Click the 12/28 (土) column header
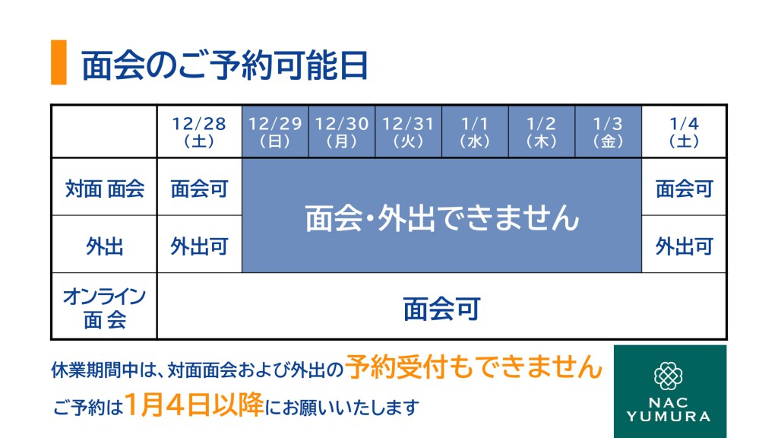[199, 132]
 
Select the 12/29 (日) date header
[275, 132]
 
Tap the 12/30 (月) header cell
[342, 132]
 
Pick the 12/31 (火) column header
[408, 132]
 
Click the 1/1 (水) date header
[475, 132]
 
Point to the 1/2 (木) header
[541, 132]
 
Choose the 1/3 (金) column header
[609, 132]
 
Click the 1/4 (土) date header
[684, 132]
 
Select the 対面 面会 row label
[105, 189]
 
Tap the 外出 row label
[105, 246]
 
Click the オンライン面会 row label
[105, 308]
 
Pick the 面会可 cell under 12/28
[199, 189]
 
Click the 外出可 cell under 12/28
[199, 246]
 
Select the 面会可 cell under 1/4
[684, 189]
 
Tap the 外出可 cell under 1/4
[684, 246]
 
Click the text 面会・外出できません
[442, 218]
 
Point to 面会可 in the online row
[441, 309]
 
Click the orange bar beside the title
[59, 62]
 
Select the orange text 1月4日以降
[194, 405]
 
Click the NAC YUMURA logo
[670, 392]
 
